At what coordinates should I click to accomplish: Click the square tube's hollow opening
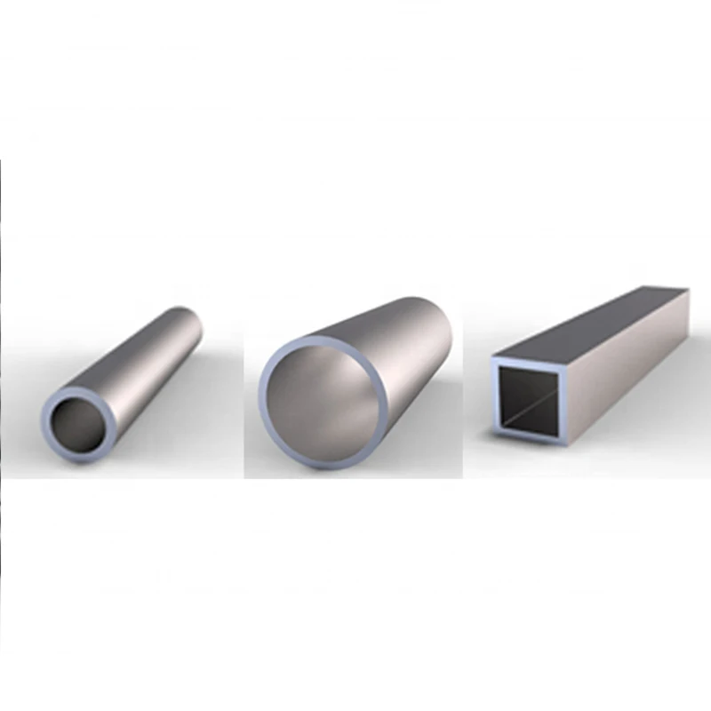pos(529,400)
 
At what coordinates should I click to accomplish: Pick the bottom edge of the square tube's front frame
pos(529,437)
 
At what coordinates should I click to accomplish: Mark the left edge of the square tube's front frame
pos(495,400)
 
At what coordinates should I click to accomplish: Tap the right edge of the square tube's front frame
pos(563,400)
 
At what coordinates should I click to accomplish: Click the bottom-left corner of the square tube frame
pos(496,437)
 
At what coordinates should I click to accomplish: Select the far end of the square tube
pos(680,293)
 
